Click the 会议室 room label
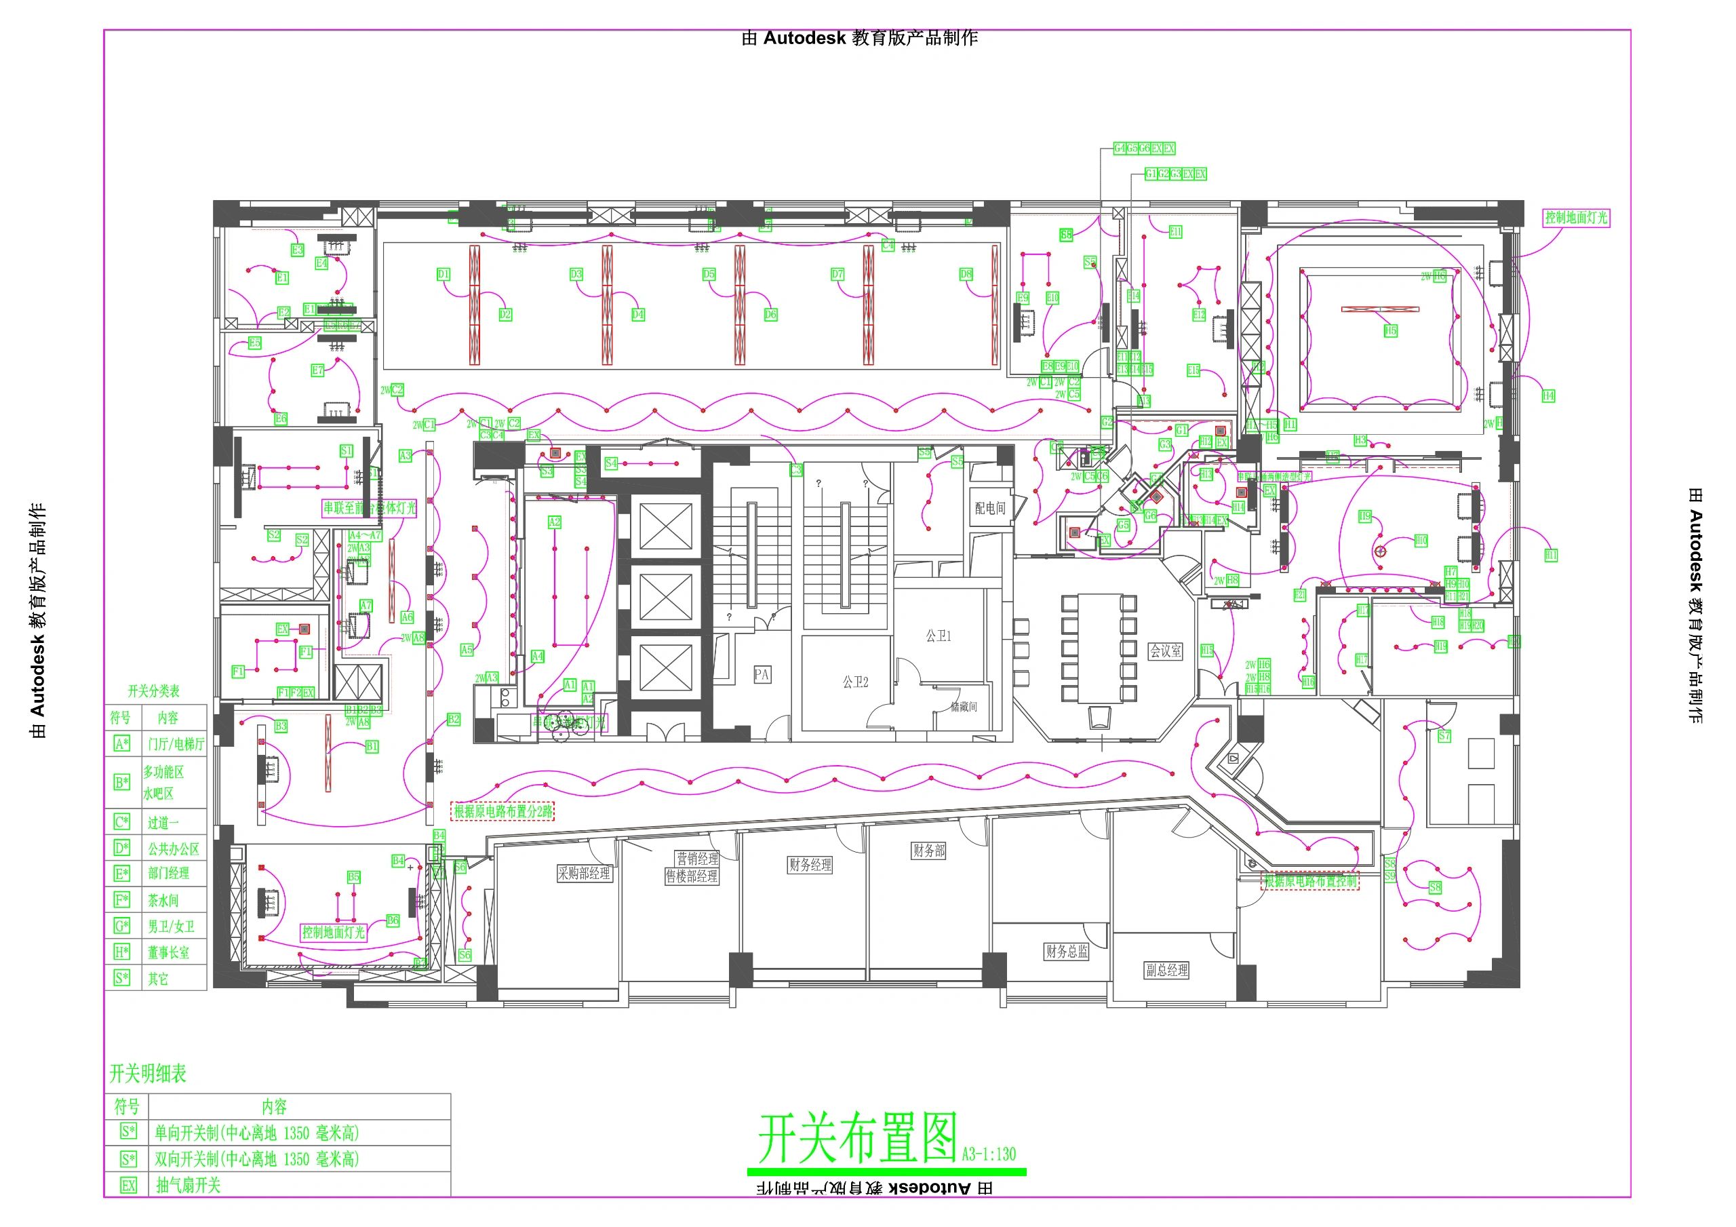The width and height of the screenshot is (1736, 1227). (x=1165, y=650)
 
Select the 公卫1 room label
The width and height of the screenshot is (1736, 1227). (x=939, y=636)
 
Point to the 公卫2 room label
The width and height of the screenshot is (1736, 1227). (x=855, y=682)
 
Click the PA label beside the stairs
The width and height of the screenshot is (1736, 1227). (x=762, y=674)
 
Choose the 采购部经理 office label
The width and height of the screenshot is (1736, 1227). (x=584, y=873)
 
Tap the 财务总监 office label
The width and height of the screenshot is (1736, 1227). (x=1067, y=951)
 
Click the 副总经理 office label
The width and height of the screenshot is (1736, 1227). (x=1166, y=970)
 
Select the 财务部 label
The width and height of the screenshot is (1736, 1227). (x=928, y=851)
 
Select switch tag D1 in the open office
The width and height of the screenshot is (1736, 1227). (x=443, y=274)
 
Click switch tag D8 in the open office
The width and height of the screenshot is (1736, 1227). (x=966, y=274)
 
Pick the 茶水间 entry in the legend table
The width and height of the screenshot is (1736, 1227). (x=163, y=900)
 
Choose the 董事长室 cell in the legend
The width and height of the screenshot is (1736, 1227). (x=169, y=952)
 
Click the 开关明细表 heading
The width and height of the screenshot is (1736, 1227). (x=149, y=1074)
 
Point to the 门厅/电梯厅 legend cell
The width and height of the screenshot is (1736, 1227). (x=176, y=743)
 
